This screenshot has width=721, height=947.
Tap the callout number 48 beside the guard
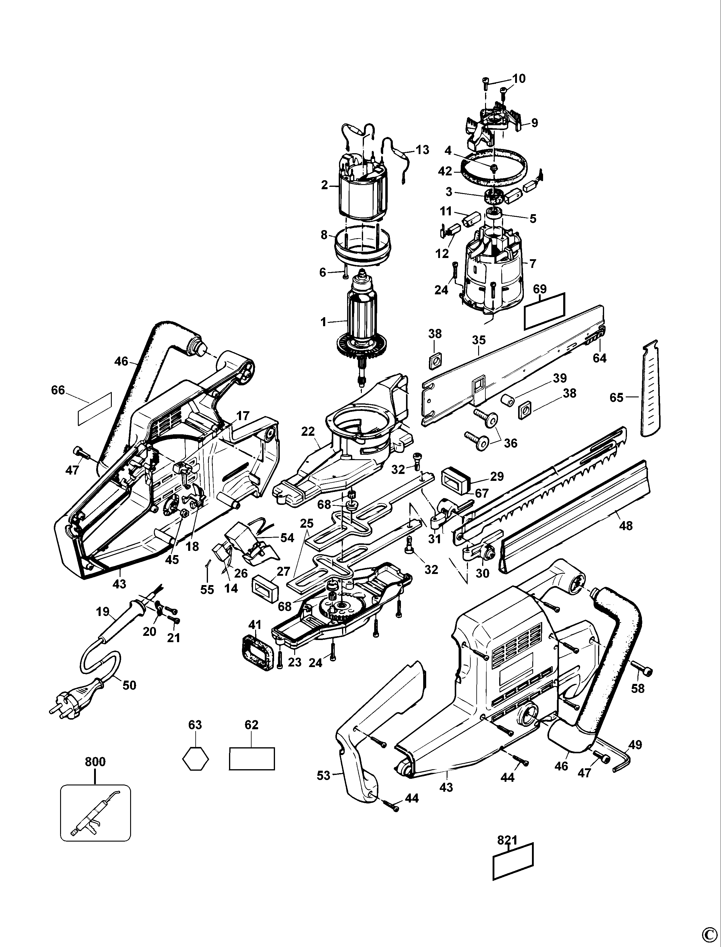[626, 525]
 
